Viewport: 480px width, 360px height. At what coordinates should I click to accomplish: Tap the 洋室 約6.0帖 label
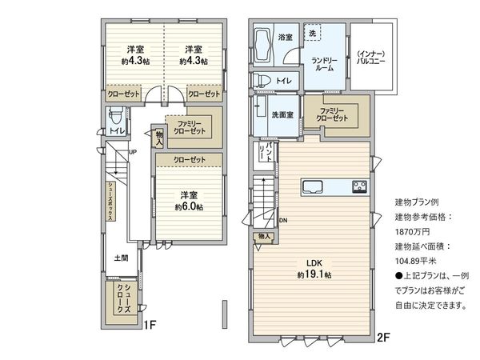tap(189, 201)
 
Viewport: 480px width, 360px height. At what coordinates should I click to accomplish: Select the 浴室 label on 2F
tap(285, 38)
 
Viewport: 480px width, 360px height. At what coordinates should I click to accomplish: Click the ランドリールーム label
tap(324, 65)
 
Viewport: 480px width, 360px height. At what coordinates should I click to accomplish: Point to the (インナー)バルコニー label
tap(373, 55)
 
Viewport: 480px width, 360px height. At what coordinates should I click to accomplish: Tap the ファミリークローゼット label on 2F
tap(332, 114)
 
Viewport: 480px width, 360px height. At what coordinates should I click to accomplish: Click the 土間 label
tap(120, 258)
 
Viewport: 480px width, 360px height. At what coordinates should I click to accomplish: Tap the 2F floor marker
tap(382, 338)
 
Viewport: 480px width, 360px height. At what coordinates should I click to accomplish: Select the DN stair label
tap(282, 220)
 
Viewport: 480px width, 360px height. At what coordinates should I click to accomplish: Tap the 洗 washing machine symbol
tap(312, 32)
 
